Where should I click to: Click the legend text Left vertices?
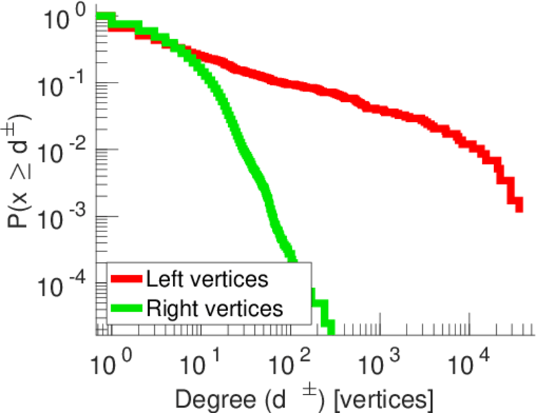pyautogui.click(x=207, y=279)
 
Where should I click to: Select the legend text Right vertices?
pyautogui.click(x=214, y=308)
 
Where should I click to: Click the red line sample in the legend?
pyautogui.click(x=127, y=279)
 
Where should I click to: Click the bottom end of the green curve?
pyautogui.click(x=330, y=330)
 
